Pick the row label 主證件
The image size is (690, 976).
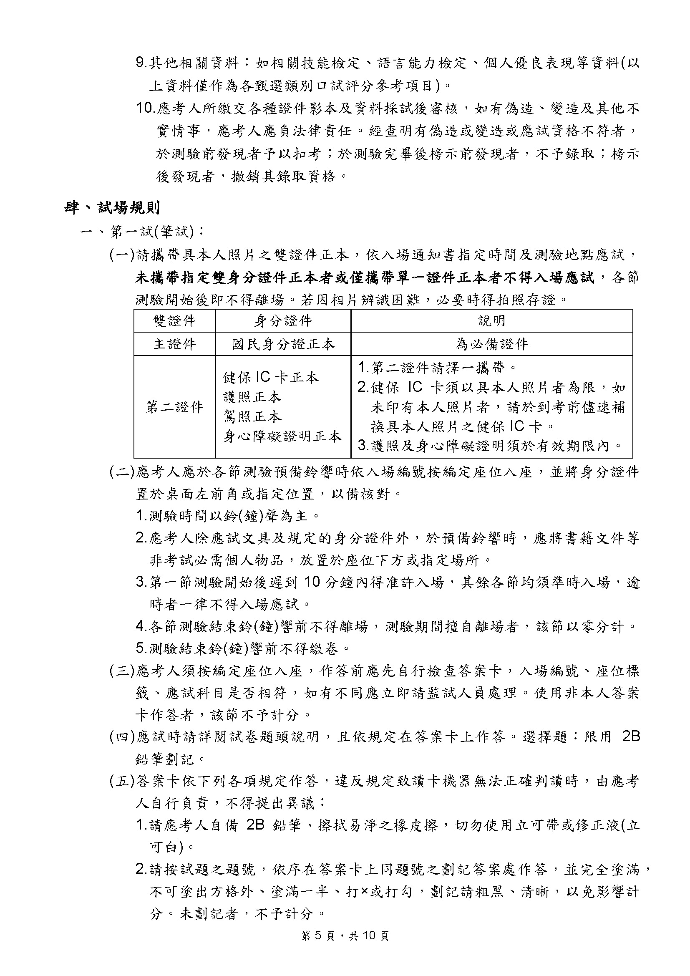pos(175,344)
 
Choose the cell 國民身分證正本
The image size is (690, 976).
pos(283,344)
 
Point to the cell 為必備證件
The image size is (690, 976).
pos(491,344)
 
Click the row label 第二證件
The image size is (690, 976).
pos(175,407)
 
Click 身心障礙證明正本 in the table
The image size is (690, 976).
pos(282,436)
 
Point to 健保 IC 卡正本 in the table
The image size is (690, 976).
pos(271,378)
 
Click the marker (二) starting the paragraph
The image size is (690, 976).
pos(122,472)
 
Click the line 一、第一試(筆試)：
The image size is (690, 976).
pos(143,232)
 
